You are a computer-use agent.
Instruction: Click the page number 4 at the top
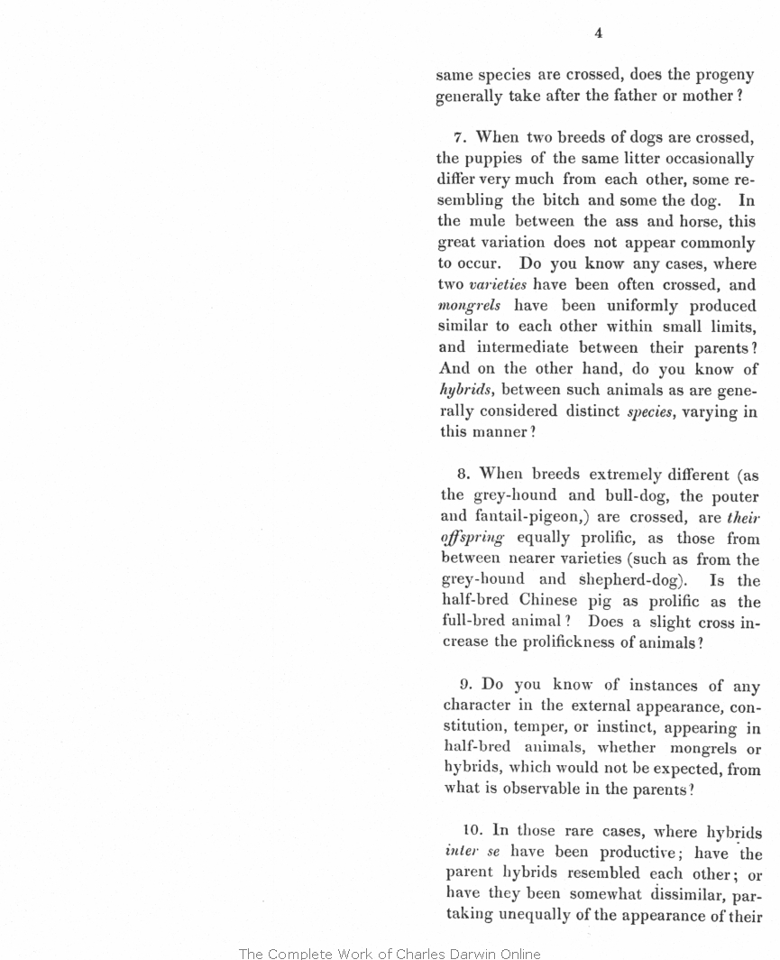(598, 33)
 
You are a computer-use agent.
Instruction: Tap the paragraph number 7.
(458, 138)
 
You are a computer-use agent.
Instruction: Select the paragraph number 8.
(463, 474)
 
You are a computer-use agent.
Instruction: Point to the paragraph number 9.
(463, 685)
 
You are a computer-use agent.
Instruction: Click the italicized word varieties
(498, 285)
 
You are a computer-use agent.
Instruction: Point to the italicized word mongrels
(469, 306)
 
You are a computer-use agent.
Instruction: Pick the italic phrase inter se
(473, 853)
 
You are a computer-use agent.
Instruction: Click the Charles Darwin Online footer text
(390, 953)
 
